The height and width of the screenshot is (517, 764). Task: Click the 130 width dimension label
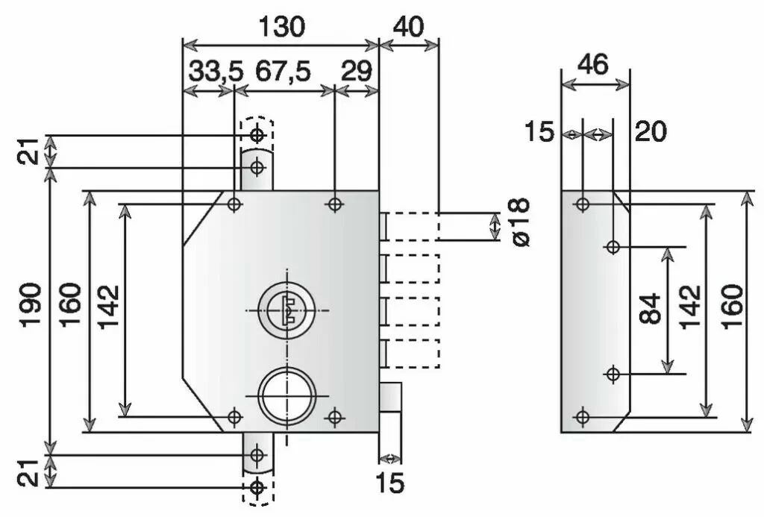coord(281,27)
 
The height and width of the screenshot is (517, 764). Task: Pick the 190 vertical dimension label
coord(31,304)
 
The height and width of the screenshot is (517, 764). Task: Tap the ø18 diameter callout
coord(519,223)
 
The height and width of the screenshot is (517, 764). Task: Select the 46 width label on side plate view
coord(594,64)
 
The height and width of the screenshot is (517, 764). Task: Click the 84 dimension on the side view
coord(651,309)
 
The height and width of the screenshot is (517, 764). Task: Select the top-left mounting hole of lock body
coord(234,204)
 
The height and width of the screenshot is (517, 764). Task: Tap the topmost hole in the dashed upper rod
coord(257,135)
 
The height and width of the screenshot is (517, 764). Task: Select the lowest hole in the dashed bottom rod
coord(257,488)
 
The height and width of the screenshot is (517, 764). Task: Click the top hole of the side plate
coord(583,204)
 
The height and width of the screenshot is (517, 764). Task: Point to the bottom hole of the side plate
coord(583,416)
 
